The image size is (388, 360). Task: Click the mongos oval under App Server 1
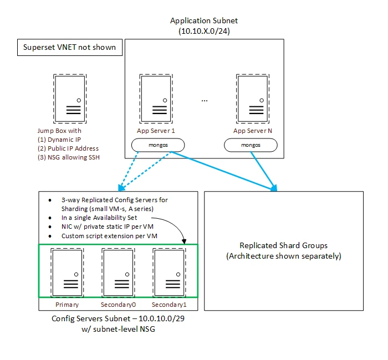click(158, 145)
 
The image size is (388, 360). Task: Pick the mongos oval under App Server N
click(251, 145)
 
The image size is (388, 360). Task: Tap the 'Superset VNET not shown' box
click(69, 47)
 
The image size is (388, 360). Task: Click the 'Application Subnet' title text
click(205, 21)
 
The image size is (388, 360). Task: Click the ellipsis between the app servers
click(205, 100)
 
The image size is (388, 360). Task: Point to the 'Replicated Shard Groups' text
click(283, 246)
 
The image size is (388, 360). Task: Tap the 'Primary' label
click(67, 304)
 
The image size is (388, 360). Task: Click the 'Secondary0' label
click(118, 304)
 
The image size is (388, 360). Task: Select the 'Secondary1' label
click(170, 304)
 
